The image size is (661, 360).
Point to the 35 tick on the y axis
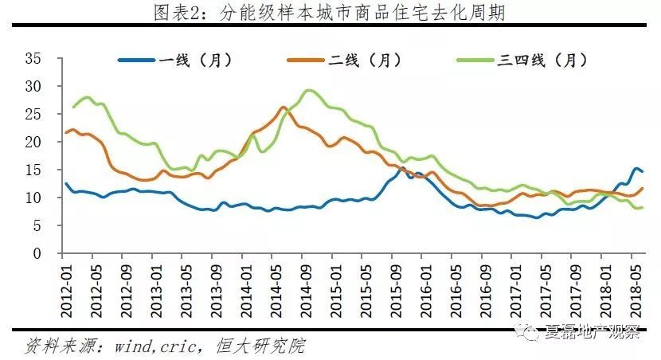point(33,57)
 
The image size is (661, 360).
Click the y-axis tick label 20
point(33,142)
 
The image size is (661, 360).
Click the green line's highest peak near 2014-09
point(309,90)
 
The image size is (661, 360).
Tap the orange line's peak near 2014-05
point(284,107)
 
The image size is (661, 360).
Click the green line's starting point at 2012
point(73,107)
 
